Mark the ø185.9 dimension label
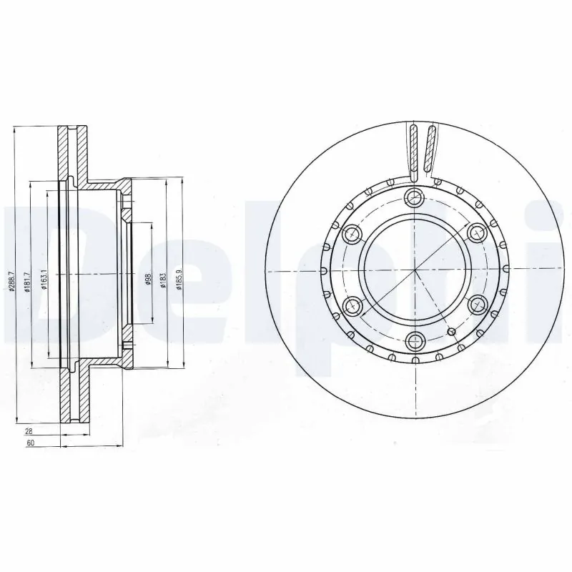(x=179, y=275)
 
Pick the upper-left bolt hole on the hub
(x=352, y=234)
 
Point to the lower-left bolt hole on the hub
(x=352, y=305)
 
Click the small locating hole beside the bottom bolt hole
(x=451, y=330)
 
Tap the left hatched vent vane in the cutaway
(x=414, y=147)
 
